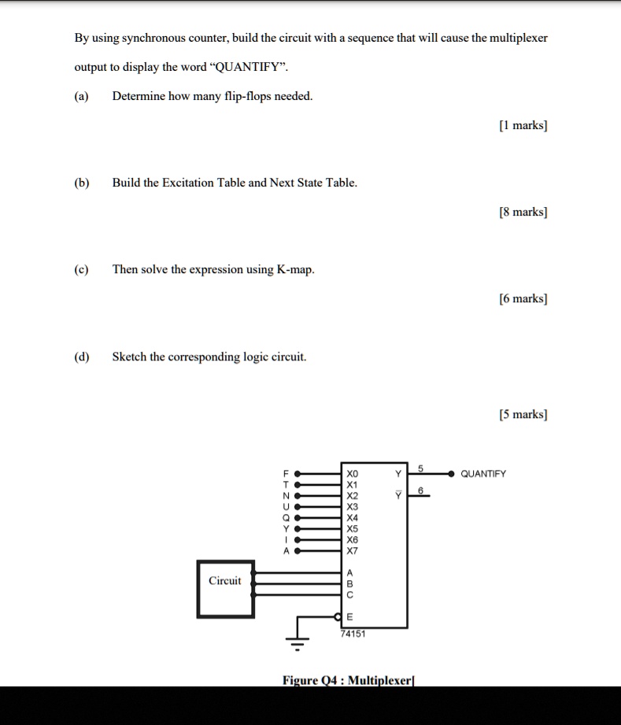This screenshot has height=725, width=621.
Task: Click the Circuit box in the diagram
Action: point(225,588)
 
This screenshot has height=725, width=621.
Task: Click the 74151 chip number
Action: point(353,633)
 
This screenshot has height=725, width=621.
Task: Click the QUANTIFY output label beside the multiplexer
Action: point(483,474)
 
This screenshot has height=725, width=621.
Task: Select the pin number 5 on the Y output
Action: point(420,469)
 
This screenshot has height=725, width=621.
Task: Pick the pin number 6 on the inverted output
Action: point(420,491)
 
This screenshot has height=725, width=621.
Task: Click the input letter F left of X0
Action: point(286,474)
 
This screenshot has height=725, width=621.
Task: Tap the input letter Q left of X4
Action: point(286,518)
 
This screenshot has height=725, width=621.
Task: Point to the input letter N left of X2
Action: point(286,496)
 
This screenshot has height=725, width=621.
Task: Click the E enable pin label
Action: point(350,617)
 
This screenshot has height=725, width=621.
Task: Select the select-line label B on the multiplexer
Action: point(350,584)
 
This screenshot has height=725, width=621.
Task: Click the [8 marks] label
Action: point(523,212)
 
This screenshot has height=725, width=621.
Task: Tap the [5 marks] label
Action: point(523,414)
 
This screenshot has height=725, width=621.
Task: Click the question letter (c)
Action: point(81,269)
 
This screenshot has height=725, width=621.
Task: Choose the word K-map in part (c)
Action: point(295,269)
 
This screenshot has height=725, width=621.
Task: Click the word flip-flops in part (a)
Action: point(247,96)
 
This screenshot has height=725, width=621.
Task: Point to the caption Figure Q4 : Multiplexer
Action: point(348,679)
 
